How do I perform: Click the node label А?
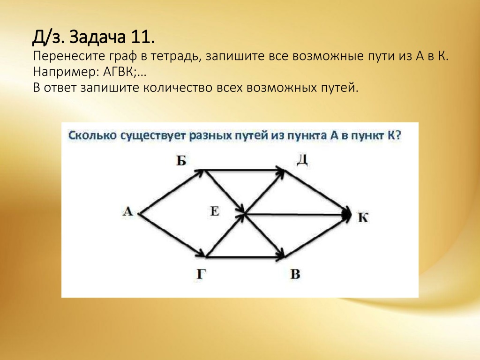click(128, 211)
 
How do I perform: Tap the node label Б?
click(181, 160)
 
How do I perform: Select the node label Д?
click(302, 160)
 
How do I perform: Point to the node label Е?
click(215, 211)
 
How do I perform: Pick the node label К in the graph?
click(363, 217)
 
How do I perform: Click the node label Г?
click(200, 274)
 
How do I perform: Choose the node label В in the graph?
click(295, 274)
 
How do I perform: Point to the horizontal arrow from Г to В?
click(245, 257)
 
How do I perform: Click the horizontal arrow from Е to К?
click(298, 214)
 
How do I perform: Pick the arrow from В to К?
click(318, 236)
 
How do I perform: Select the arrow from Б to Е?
click(225, 191)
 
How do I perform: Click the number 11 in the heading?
click(143, 37)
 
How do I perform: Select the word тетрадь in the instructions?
click(173, 56)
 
